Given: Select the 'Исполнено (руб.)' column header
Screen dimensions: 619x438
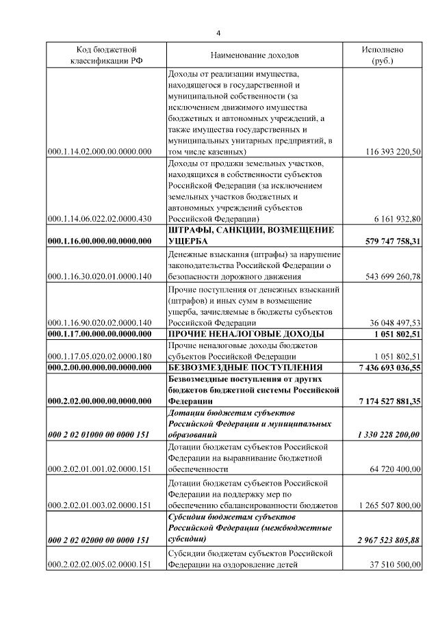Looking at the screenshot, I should [383, 55].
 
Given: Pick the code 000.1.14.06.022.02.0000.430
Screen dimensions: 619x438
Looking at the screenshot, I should [100, 218].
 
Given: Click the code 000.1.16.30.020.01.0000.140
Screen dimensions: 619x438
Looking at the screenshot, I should [100, 276].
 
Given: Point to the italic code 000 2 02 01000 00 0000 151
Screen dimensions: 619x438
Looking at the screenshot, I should [100, 435].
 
